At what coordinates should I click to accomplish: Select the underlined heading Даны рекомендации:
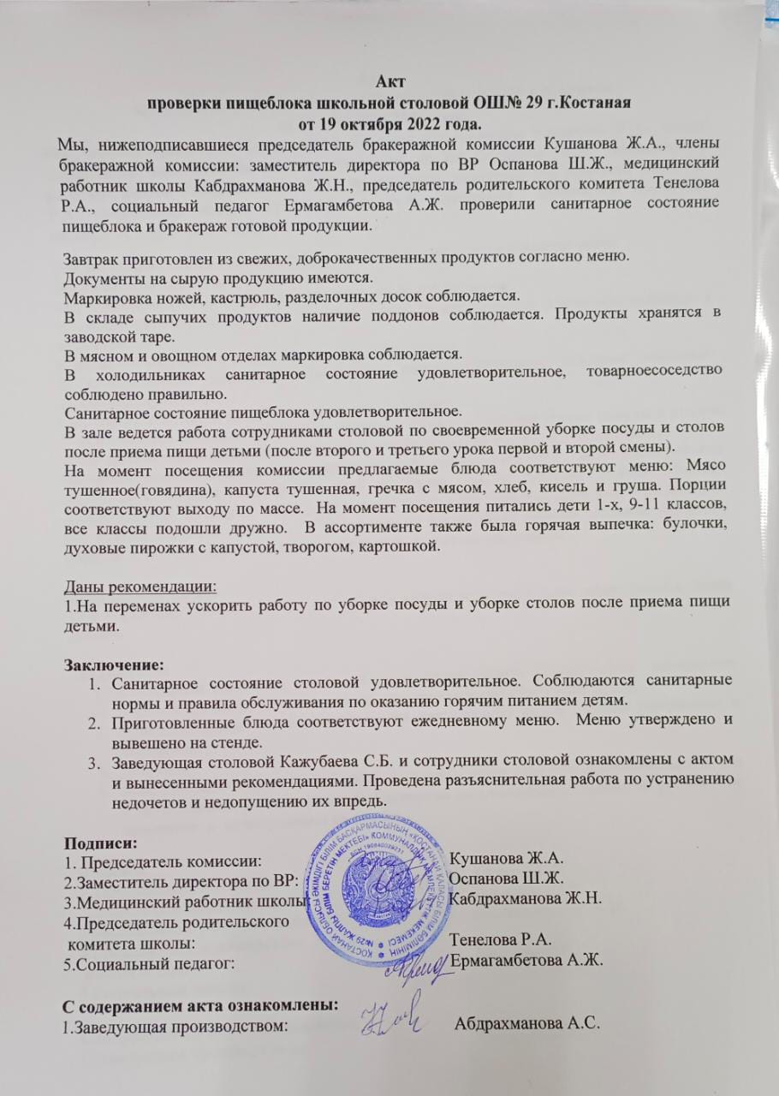coord(141,587)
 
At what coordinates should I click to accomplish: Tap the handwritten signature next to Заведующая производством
coord(387,1019)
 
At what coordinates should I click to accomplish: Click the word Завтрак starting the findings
coord(93,259)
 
